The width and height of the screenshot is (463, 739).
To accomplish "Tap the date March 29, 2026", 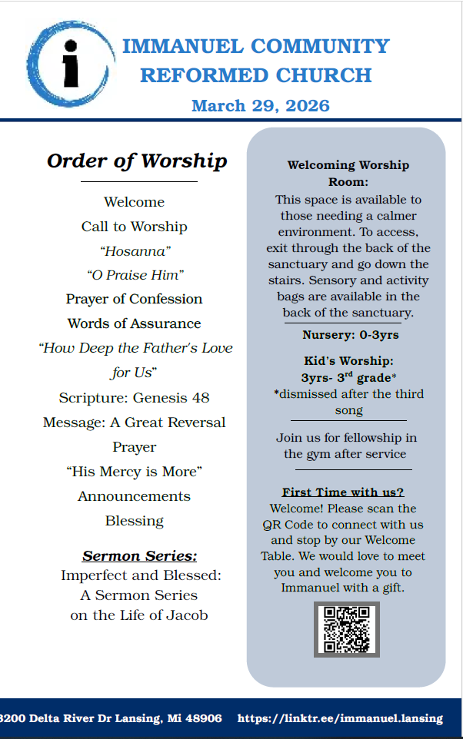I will (x=260, y=105).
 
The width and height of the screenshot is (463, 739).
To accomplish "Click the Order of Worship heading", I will (x=137, y=161).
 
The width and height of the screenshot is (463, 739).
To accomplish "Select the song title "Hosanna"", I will (x=135, y=250).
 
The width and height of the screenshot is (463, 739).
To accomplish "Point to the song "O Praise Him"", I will (x=135, y=275).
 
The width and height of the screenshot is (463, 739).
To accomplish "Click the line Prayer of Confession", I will (x=135, y=299).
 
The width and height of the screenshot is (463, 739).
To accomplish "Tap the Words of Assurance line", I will (x=135, y=323).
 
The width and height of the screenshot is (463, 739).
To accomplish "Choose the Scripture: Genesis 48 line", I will (x=135, y=398).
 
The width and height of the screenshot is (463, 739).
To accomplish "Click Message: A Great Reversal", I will (x=135, y=423).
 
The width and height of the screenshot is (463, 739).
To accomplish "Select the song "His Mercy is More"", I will (x=135, y=472).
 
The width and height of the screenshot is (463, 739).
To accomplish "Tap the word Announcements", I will (x=135, y=496).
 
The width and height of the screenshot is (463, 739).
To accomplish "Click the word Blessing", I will (x=135, y=521).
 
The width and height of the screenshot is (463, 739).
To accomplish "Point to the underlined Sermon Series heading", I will (x=140, y=555).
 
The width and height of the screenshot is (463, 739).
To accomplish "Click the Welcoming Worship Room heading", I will (x=348, y=173).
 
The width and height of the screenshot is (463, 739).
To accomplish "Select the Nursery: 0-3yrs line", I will (x=351, y=335).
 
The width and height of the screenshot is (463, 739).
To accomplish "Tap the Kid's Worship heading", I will (x=348, y=360).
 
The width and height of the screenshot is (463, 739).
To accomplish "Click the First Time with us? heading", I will (x=343, y=492).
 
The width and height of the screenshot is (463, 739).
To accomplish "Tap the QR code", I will (x=347, y=629).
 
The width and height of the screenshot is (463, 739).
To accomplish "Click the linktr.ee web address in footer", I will (x=340, y=719).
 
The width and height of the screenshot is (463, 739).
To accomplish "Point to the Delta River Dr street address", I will (x=112, y=719).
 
